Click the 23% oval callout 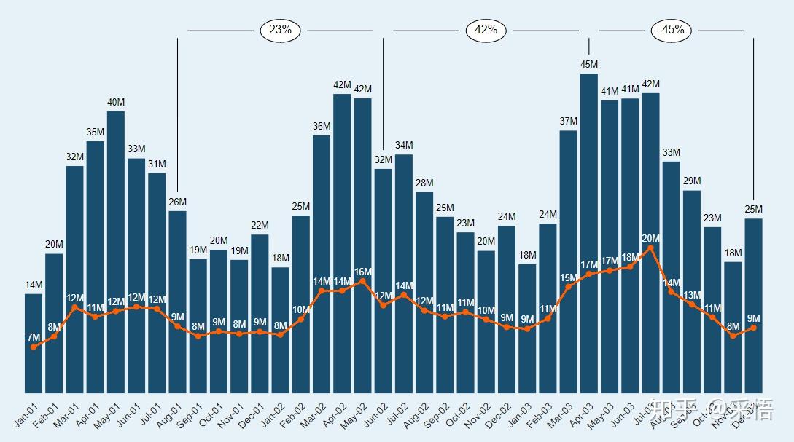click(x=280, y=31)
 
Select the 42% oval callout click(x=486, y=31)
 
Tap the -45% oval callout click(x=671, y=31)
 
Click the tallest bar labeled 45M click(x=589, y=233)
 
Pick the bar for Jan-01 click(x=34, y=343)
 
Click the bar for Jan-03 click(x=527, y=328)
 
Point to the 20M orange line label click(x=650, y=239)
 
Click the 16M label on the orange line click(x=362, y=272)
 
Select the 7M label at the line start click(x=34, y=337)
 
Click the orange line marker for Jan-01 click(x=34, y=347)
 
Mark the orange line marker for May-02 click(x=362, y=281)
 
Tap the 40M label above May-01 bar click(x=116, y=103)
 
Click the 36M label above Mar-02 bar click(x=322, y=127)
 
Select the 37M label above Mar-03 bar click(x=569, y=122)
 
